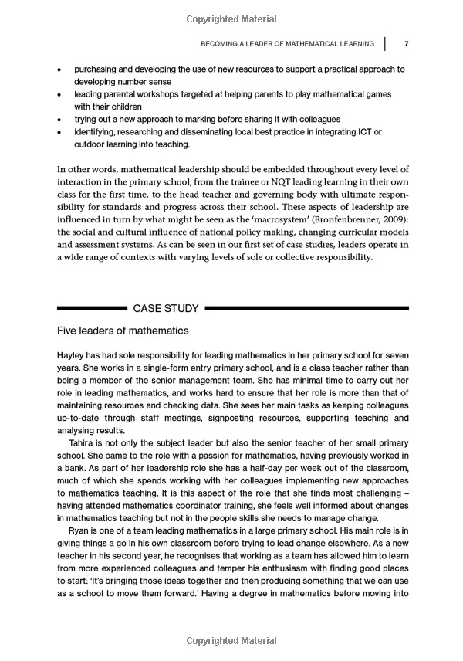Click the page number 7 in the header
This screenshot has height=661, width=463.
click(406, 43)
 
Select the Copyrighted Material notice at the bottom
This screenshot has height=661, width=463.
click(231, 640)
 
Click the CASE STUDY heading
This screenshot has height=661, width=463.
click(166, 308)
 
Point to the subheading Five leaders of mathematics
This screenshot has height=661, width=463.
click(123, 331)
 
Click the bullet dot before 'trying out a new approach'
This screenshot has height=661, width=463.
click(60, 120)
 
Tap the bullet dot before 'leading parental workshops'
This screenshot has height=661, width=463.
click(60, 95)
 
